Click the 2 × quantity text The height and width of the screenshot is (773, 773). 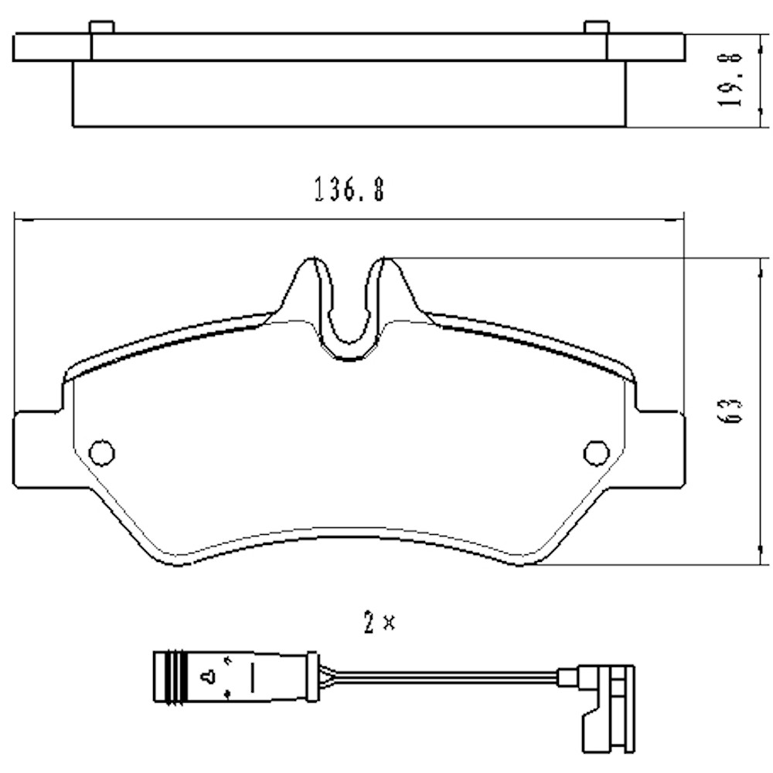pyautogui.click(x=379, y=623)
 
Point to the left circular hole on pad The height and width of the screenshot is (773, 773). pyautogui.click(x=102, y=452)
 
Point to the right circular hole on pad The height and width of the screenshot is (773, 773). pyautogui.click(x=596, y=452)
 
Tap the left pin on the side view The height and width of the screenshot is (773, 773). pyautogui.click(x=102, y=28)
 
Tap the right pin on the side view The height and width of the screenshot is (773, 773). pyautogui.click(x=596, y=28)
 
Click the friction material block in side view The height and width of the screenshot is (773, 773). pyautogui.click(x=348, y=94)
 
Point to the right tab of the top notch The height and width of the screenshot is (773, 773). pyautogui.click(x=391, y=286)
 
